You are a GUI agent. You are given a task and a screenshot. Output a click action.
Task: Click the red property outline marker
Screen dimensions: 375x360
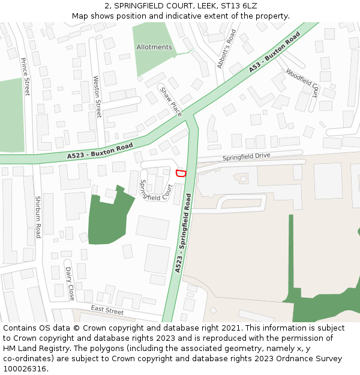180,173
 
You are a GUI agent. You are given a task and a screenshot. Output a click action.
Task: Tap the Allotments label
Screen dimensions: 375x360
154,47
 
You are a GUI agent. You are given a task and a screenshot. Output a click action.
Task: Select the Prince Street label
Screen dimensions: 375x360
25,77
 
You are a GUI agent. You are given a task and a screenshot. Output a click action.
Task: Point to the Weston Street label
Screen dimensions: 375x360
98,96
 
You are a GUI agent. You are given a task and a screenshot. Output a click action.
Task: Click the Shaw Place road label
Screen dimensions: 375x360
170,101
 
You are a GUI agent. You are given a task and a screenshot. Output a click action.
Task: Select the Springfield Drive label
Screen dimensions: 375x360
247,157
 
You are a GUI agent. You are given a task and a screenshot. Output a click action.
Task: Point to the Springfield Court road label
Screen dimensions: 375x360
155,190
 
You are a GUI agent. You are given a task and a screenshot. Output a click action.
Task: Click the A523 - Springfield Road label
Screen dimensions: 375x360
183,233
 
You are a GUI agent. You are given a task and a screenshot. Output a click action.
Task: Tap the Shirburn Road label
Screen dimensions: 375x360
37,217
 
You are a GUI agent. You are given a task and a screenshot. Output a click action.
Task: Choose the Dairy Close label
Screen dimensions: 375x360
70,283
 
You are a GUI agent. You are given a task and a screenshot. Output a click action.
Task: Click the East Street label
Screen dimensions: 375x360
107,310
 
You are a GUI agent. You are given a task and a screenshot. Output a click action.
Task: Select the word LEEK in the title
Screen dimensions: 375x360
205,5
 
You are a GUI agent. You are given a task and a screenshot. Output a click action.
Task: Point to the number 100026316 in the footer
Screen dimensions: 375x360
25,368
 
